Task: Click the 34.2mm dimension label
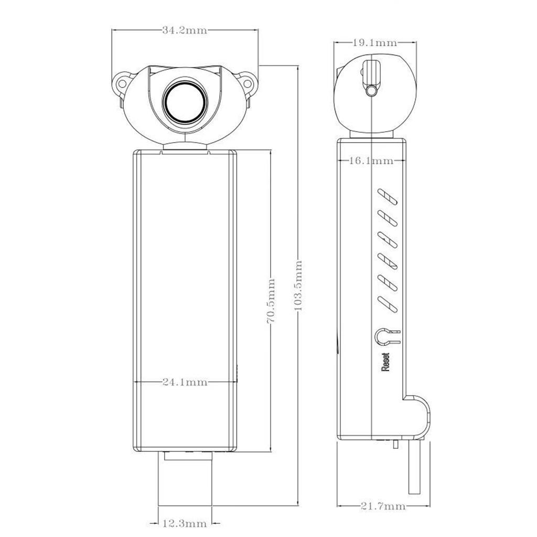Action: pos(185,30)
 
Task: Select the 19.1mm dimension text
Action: pos(374,43)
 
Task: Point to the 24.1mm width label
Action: pos(185,382)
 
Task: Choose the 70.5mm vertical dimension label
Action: pos(271,301)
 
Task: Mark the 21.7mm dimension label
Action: pos(383,506)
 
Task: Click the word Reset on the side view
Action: pos(385,362)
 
